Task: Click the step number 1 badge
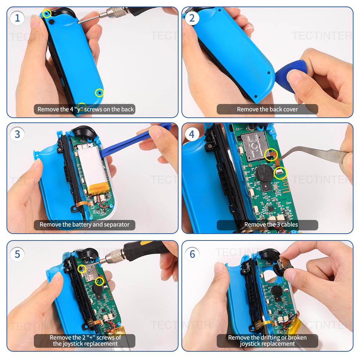pos(17,18)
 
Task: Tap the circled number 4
pos(192,134)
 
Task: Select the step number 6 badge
pos(192,254)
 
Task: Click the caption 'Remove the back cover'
pos(267,109)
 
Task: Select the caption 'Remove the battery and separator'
pos(84,225)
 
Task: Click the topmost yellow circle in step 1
pos(46,14)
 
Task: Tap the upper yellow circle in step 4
pos(271,155)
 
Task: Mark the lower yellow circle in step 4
pos(281,173)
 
